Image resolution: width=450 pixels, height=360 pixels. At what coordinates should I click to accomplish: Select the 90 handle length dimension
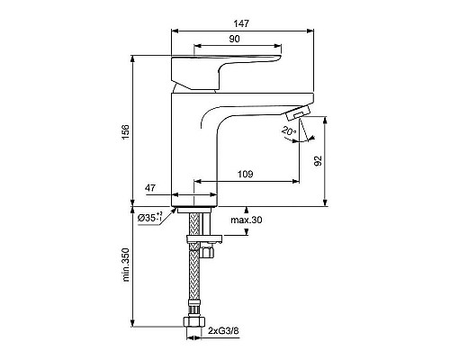[x=234, y=39]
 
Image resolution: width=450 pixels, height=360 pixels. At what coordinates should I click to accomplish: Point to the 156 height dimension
[x=125, y=131]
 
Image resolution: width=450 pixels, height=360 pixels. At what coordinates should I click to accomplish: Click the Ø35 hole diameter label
[x=149, y=216]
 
